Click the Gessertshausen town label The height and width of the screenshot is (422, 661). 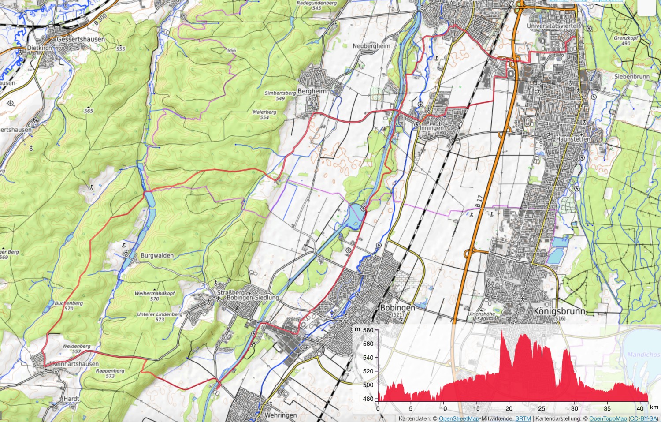point(81,39)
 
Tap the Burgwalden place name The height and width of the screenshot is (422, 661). point(157,255)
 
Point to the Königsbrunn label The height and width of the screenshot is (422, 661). point(559,311)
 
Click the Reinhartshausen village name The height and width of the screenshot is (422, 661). point(75,364)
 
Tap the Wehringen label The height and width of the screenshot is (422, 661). point(280,415)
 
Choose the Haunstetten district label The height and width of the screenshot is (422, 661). point(573,139)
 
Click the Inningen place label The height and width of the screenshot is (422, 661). point(432,128)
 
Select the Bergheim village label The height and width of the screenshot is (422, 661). point(312,91)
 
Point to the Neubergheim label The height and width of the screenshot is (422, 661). point(371,45)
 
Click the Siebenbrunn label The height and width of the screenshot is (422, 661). point(631,76)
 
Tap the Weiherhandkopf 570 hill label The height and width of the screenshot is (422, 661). point(155,296)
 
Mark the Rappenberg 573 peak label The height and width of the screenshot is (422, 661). point(110,373)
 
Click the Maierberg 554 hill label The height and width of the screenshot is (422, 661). point(264,114)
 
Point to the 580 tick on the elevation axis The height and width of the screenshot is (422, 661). point(368,330)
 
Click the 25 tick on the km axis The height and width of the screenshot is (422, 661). point(542,408)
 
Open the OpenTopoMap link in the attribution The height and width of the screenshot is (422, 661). point(608,418)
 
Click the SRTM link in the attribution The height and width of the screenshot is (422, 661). point(523,418)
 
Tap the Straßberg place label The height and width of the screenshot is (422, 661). point(230,292)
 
